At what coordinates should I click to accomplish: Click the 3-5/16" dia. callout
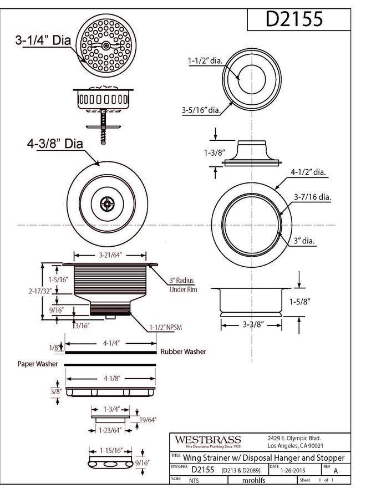(201, 110)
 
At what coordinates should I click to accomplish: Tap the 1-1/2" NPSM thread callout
(166, 327)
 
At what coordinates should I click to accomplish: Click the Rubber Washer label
(183, 352)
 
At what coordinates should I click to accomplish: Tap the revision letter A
(335, 471)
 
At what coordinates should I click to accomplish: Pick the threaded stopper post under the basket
(104, 126)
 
